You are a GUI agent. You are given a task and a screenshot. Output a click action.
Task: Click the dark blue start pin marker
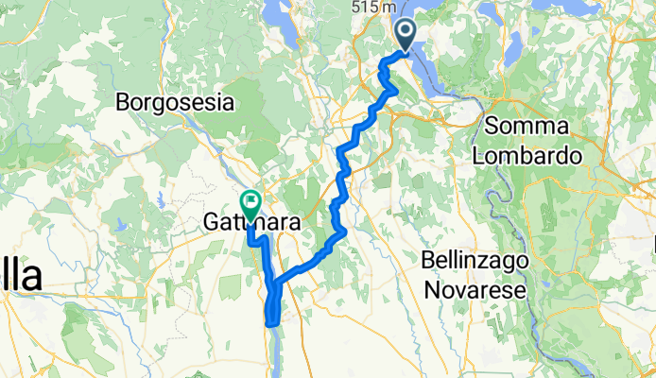click(406, 36)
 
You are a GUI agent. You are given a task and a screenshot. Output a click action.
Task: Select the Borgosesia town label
click(175, 101)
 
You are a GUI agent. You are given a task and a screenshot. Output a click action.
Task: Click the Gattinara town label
click(252, 224)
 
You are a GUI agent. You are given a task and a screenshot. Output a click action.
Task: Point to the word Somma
click(527, 127)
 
